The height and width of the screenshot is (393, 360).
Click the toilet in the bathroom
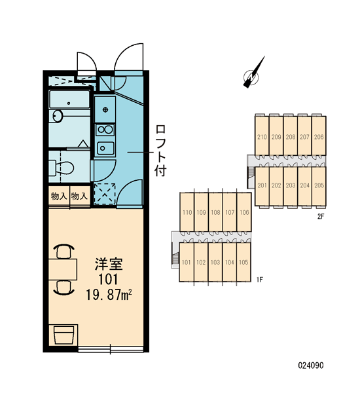pyautogui.click(x=62, y=168)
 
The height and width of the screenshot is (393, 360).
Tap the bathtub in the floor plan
pyautogui.click(x=69, y=100)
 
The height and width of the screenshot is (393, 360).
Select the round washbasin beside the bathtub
pyautogui.click(x=58, y=117)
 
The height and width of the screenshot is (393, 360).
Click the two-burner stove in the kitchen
pyautogui.click(x=105, y=130)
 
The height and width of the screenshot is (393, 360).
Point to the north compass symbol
pyautogui.click(x=253, y=73)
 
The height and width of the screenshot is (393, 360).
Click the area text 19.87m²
pyautogui.click(x=109, y=294)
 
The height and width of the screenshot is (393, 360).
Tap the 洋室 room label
pyautogui.click(x=109, y=264)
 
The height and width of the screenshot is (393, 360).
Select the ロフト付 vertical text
pyautogui.click(x=160, y=151)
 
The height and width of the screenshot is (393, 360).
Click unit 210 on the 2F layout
pyautogui.click(x=262, y=137)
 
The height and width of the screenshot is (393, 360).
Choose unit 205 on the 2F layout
pyautogui.click(x=319, y=185)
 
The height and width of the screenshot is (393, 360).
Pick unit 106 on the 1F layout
pyautogui.click(x=244, y=212)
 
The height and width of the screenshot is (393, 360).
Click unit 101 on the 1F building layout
pyautogui.click(x=186, y=263)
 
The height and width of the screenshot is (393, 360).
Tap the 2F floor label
pyautogui.click(x=321, y=217)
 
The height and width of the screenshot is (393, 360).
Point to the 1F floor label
pyautogui.click(x=260, y=280)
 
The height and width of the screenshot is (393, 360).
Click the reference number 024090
pyautogui.click(x=311, y=365)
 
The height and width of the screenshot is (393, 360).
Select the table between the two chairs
pyautogui.click(x=63, y=269)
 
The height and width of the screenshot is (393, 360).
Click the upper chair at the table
pyautogui.click(x=64, y=252)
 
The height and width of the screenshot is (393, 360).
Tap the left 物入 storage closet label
pyautogui.click(x=59, y=196)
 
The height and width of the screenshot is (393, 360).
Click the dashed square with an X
pyautogui.click(x=105, y=193)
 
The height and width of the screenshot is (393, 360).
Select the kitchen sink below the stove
pyautogui.click(x=105, y=149)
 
